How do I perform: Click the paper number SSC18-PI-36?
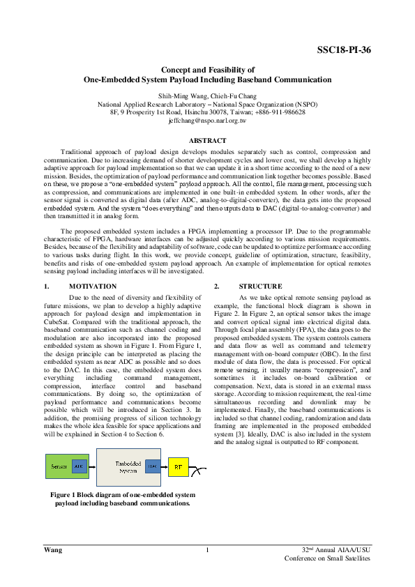pos(344,50)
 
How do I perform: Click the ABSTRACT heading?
pos(207,141)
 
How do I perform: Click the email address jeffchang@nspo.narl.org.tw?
pos(207,121)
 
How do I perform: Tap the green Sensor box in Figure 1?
pos(56,465)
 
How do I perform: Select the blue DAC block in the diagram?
pos(151,465)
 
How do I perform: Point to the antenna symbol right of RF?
pos(201,471)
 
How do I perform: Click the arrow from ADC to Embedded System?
pos(91,465)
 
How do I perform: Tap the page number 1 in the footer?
pos(207,551)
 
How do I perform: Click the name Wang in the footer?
pos(52,551)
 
